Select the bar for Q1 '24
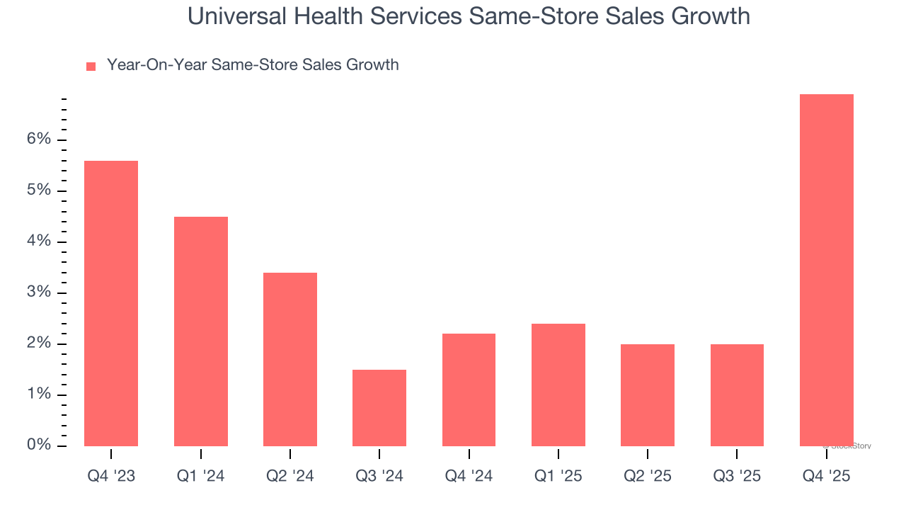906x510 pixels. pyautogui.click(x=201, y=331)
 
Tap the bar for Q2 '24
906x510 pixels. pyautogui.click(x=290, y=359)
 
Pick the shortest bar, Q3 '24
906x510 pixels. pyautogui.click(x=379, y=408)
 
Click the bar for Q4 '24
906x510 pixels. pyautogui.click(x=469, y=390)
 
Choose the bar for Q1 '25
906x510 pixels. pyautogui.click(x=558, y=385)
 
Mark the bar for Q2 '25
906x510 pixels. pyautogui.click(x=648, y=395)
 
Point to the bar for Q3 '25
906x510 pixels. pyautogui.click(x=737, y=395)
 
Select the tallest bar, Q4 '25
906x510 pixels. pyautogui.click(x=827, y=270)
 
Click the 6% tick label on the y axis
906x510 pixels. pyautogui.click(x=39, y=140)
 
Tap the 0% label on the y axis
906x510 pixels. pyautogui.click(x=39, y=446)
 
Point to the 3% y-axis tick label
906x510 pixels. pyautogui.click(x=39, y=293)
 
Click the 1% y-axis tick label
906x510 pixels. pyautogui.click(x=39, y=395)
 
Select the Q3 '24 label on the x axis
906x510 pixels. pyautogui.click(x=379, y=477)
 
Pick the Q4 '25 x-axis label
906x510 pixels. pyautogui.click(x=827, y=477)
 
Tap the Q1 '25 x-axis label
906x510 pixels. pyautogui.click(x=558, y=477)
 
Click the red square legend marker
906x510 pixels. pyautogui.click(x=91, y=67)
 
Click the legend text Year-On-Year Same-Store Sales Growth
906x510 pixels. pyautogui.click(x=253, y=65)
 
